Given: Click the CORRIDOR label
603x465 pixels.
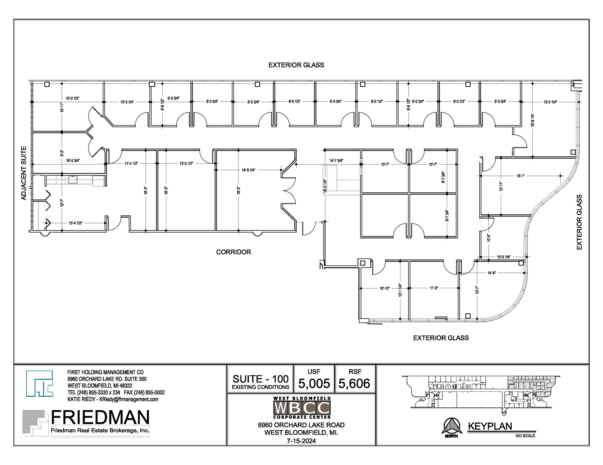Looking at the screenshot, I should (233, 252).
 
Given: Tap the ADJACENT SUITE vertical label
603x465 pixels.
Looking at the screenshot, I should (24, 173).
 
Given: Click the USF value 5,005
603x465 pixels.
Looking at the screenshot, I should (314, 383).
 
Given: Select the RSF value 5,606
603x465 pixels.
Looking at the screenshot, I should (354, 383).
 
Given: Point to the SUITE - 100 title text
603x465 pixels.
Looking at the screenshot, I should (260, 379).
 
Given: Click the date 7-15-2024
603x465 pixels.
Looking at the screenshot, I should (301, 441).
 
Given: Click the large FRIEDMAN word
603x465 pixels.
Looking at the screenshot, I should (100, 417).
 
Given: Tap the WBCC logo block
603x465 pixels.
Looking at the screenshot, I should (302, 408).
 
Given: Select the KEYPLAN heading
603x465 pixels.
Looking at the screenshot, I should (490, 426).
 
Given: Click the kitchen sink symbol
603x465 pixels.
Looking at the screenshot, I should (72, 180).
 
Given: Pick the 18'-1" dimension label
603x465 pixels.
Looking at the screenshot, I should (520, 176).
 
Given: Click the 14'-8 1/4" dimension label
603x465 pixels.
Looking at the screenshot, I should (249, 170).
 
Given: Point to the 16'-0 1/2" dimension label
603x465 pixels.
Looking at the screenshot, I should (72, 98).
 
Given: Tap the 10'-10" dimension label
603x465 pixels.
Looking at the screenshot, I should (384, 288).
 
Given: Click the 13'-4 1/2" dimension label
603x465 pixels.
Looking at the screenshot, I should (75, 223).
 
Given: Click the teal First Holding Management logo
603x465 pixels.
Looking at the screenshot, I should (39, 383).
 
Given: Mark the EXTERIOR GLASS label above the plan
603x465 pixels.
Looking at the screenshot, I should (296, 65).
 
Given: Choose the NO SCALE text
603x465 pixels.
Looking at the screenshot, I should (525, 436).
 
